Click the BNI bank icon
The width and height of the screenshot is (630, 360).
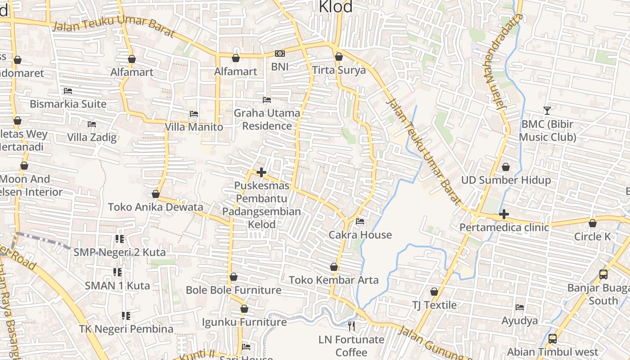pyautogui.click(x=279, y=54)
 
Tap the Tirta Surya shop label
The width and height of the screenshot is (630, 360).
pyautogui.click(x=338, y=70)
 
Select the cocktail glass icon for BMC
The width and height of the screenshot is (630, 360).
pyautogui.click(x=547, y=110)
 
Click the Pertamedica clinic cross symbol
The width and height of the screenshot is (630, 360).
pyautogui.click(x=504, y=214)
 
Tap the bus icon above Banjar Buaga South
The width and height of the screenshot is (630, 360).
pyautogui.click(x=603, y=274)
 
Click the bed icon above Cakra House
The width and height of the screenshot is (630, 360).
pyautogui.click(x=360, y=221)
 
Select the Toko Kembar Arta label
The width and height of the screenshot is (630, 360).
pyautogui.click(x=333, y=280)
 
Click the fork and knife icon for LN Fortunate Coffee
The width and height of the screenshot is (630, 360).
pyautogui.click(x=351, y=326)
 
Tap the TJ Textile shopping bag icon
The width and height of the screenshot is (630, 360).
pyautogui.click(x=434, y=292)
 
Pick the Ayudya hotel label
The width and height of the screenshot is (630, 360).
pyautogui.click(x=520, y=320)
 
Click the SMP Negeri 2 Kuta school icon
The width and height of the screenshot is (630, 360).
pyautogui.click(x=119, y=238)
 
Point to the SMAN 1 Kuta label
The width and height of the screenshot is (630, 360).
pyautogui.click(x=117, y=285)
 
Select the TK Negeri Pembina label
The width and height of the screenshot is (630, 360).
pyautogui.click(x=126, y=329)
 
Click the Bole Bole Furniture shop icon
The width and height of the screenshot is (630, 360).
pyautogui.click(x=233, y=276)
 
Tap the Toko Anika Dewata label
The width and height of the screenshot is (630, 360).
pyautogui.click(x=155, y=207)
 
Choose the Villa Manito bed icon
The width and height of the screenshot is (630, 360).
pyautogui.click(x=193, y=113)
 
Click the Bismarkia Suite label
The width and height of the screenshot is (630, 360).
pyautogui.click(x=68, y=104)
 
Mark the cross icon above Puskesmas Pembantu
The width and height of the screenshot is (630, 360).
pyautogui.click(x=261, y=172)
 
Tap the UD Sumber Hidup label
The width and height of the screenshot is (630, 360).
pyautogui.click(x=506, y=180)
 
